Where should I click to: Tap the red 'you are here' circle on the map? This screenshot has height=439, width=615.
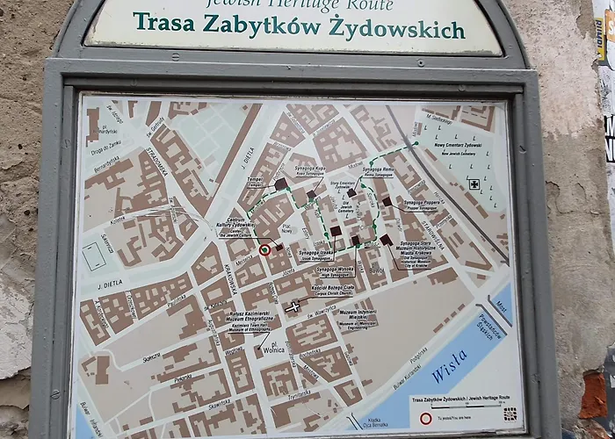tap(264, 249)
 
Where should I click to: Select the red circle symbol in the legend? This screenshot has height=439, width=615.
tap(425, 418)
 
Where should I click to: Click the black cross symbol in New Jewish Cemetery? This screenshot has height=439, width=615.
tap(474, 184)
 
